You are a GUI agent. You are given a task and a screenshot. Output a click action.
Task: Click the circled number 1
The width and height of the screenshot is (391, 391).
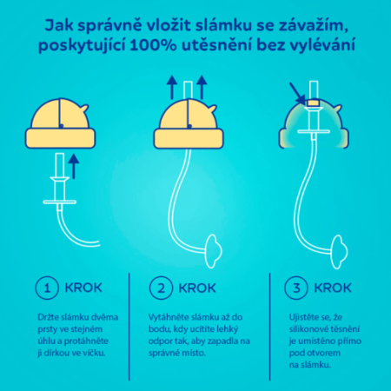click(47, 288)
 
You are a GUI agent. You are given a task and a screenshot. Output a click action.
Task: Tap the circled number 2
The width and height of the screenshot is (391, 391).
click(161, 288)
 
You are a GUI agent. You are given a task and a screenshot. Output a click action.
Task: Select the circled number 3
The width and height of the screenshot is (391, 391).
click(296, 288)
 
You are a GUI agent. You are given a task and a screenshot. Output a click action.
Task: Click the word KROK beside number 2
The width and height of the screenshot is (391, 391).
click(197, 288)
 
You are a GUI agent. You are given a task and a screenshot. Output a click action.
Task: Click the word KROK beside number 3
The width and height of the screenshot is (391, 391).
click(333, 288)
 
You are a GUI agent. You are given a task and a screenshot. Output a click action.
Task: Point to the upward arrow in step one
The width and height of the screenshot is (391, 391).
click(74, 166)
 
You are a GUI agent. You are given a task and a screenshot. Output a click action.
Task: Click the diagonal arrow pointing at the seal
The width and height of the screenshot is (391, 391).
click(297, 94)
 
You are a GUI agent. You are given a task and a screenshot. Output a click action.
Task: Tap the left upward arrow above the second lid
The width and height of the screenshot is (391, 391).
click(172, 88)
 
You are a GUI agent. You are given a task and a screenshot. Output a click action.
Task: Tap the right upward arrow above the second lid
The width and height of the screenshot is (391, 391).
click(202, 88)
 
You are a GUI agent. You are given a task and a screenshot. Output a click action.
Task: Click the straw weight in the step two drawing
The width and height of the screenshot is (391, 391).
click(214, 251)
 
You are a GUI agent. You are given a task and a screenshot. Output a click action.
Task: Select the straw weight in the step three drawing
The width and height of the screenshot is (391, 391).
click(339, 252)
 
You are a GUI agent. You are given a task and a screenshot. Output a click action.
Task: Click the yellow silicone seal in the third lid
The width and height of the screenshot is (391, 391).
click(314, 103)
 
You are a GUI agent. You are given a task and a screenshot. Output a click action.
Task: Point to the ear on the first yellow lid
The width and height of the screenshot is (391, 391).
click(84, 109)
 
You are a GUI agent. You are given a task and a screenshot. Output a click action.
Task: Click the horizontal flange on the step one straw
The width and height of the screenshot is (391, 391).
click(60, 202)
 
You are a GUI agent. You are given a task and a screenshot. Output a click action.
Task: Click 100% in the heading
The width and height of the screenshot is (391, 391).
click(153, 45)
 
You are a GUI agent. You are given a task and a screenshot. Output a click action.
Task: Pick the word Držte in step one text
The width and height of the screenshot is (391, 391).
click(49, 317)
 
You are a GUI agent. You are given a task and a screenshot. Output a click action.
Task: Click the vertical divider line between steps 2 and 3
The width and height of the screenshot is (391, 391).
click(270, 327)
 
